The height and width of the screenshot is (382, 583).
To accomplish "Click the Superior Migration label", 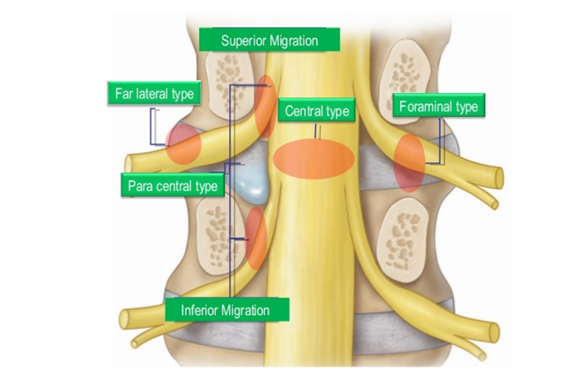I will pyautogui.click(x=270, y=40).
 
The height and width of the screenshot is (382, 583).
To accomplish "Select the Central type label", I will pyautogui.click(x=316, y=111).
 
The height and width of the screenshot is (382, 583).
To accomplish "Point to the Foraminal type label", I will pyautogui.click(x=438, y=106).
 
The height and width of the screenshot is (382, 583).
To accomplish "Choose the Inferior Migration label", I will pyautogui.click(x=226, y=310).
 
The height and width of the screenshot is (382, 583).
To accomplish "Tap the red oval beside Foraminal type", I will pyautogui.click(x=409, y=163).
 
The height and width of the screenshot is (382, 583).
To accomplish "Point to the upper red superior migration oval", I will pyautogui.click(x=266, y=99).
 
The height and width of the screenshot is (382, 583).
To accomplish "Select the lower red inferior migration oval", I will pyautogui.click(x=256, y=237).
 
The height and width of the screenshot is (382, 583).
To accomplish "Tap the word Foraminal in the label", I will pyautogui.click(x=426, y=106).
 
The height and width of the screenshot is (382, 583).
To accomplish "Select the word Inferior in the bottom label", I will pyautogui.click(x=200, y=310).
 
